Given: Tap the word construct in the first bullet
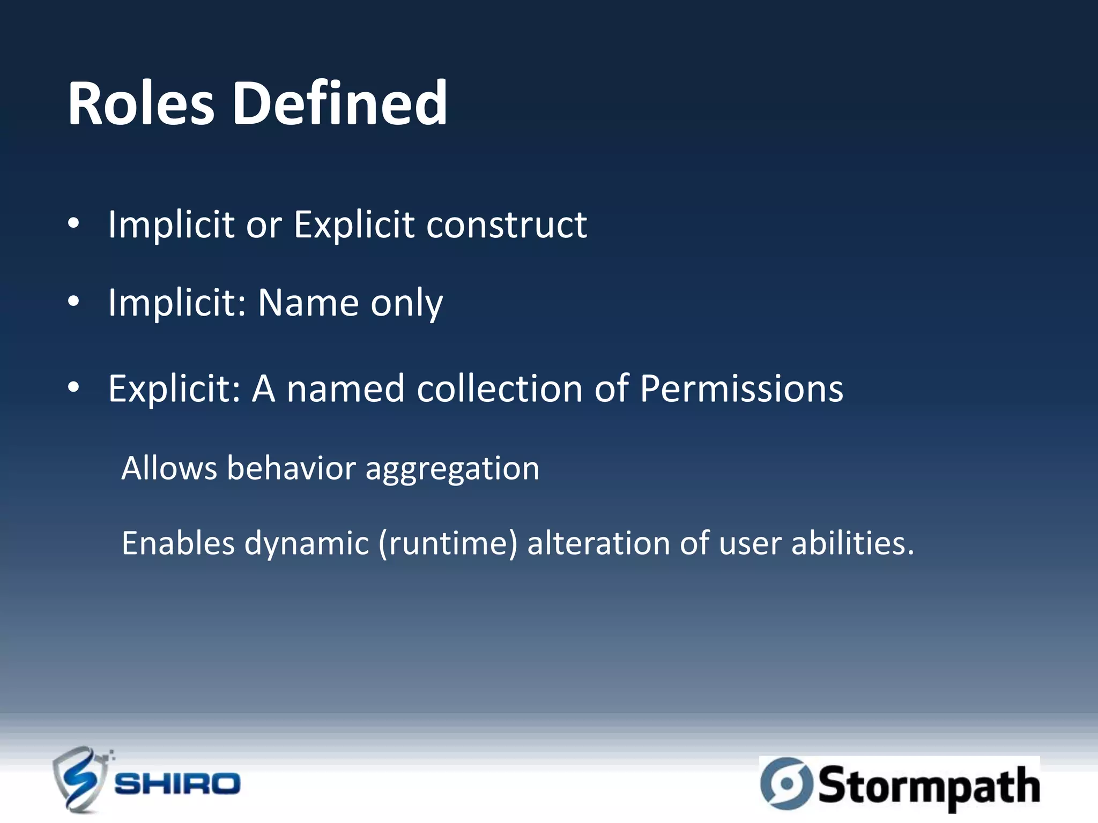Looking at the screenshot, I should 506,225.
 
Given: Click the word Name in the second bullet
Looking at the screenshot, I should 308,303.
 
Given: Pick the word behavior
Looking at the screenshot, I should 291,468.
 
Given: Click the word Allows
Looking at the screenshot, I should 169,468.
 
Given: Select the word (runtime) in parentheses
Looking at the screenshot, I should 448,544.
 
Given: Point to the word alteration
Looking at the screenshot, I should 598,543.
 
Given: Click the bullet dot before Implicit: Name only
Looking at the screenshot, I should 73,302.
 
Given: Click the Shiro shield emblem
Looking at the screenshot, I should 79,780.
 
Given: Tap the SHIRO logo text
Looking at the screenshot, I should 177,784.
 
